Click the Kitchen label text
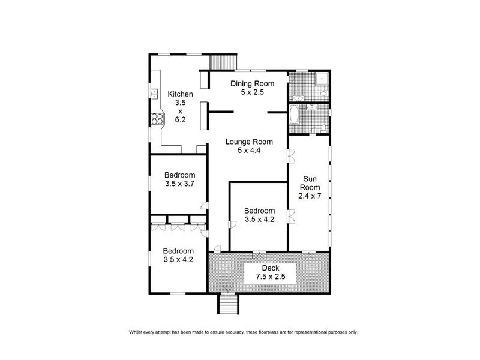pos(180,94)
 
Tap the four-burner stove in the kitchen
pos(158,119)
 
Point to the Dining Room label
pos(253,83)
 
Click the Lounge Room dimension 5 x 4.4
pos(249,151)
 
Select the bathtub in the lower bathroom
pos(295,115)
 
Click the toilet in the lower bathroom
pos(322,127)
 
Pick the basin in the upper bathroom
pos(298,97)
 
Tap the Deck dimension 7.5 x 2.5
pos(270,277)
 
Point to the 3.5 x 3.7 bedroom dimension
pos(180,184)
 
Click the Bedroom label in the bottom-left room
pos(178,251)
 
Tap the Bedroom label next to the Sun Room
pos(259,211)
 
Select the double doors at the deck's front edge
pos(227,290)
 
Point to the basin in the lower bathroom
pos(311,108)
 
